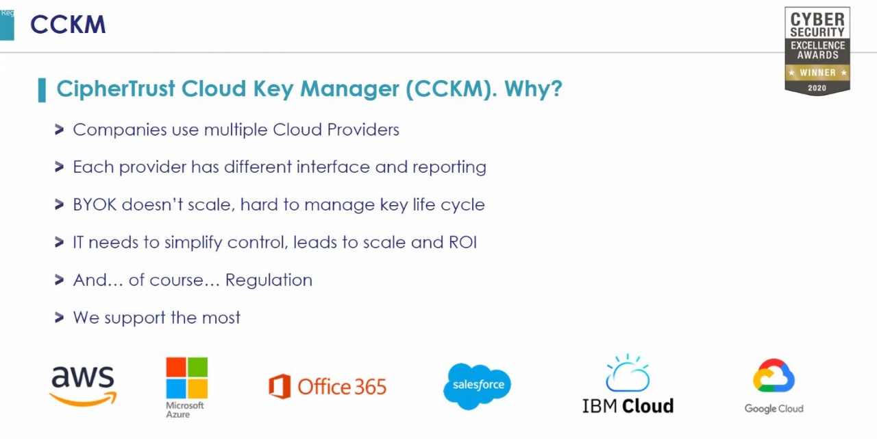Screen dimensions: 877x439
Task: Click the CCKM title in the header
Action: [x=68, y=25]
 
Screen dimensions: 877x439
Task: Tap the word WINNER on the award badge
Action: [x=817, y=73]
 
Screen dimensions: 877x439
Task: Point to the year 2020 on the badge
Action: [x=817, y=88]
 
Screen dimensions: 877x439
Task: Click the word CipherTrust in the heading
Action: [x=116, y=88]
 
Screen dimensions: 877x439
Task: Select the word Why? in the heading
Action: [x=533, y=88]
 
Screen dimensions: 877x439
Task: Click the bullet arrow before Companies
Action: [x=59, y=130]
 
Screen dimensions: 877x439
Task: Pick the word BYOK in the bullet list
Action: [x=95, y=204]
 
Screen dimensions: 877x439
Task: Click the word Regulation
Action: [x=269, y=280]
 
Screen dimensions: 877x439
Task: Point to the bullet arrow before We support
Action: [x=59, y=317]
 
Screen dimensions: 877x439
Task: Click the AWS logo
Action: [x=83, y=385]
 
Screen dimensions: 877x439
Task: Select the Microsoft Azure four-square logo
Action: [x=187, y=377]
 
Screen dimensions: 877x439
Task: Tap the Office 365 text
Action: [x=342, y=387]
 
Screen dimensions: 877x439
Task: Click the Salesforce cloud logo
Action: [x=478, y=385]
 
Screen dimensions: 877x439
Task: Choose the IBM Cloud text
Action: [x=628, y=406]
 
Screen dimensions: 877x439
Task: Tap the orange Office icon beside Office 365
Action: [x=280, y=386]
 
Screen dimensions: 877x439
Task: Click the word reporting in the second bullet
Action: [x=449, y=168]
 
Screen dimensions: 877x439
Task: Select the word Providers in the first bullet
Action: [x=363, y=130]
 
